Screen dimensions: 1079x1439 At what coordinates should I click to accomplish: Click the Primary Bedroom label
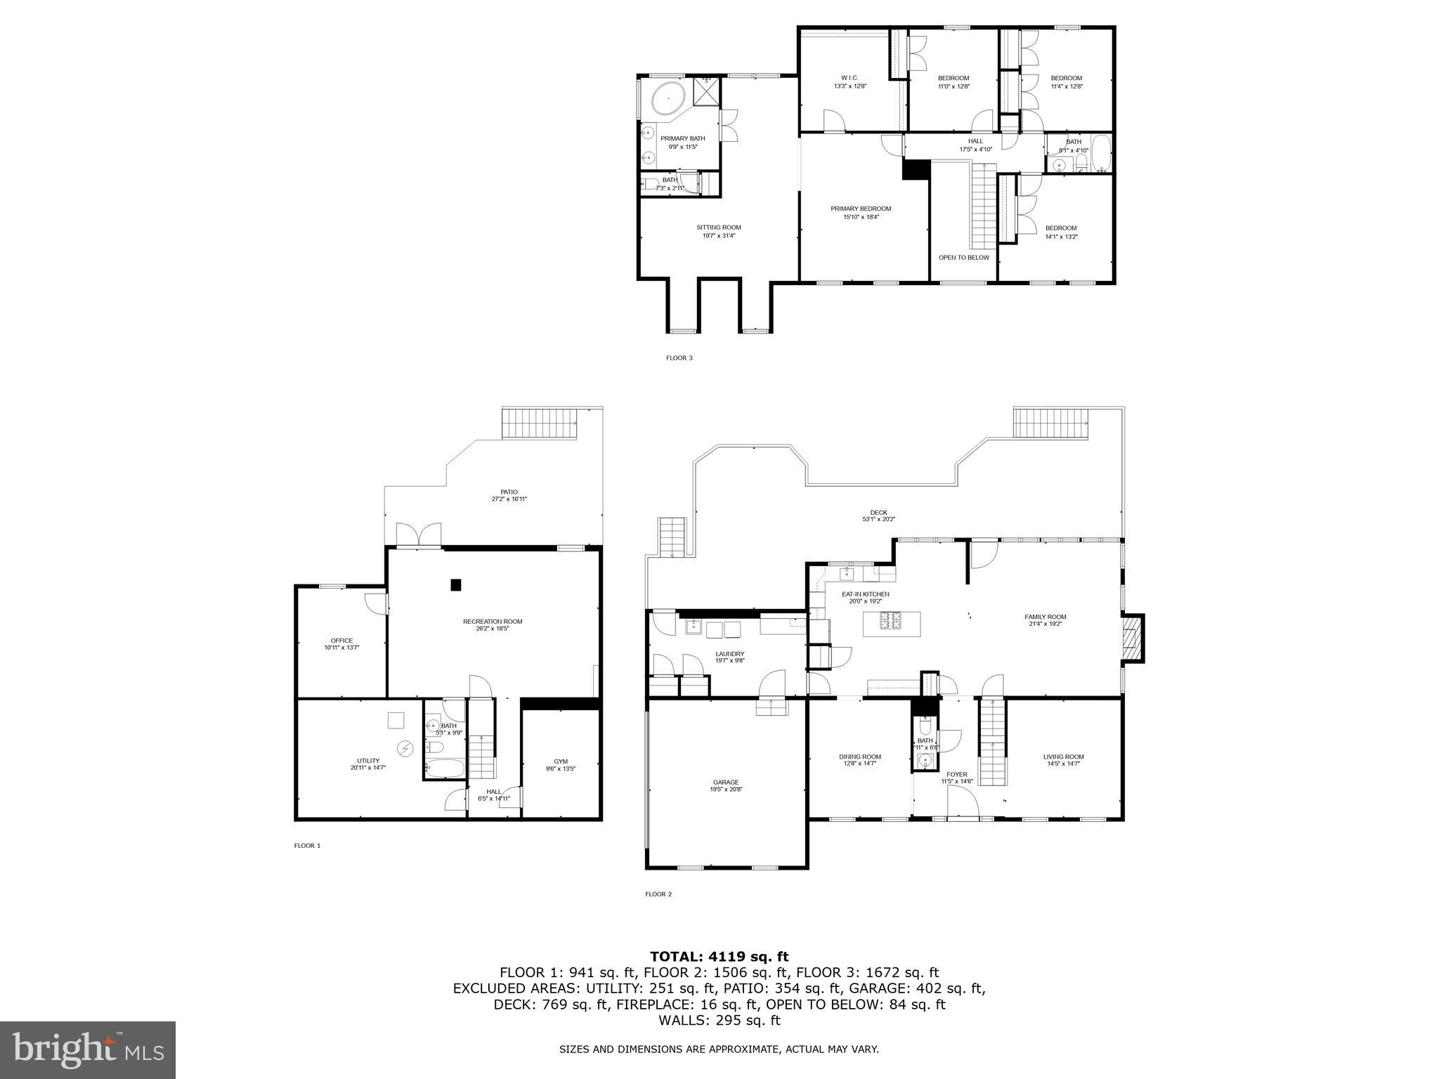click(861, 209)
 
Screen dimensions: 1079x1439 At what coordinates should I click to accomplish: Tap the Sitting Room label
click(719, 228)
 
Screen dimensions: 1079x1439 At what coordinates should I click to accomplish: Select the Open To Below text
click(963, 258)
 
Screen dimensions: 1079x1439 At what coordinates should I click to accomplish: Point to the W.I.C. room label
click(849, 78)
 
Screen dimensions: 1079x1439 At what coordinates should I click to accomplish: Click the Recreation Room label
click(493, 622)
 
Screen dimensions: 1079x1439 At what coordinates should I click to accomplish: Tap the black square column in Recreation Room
click(456, 584)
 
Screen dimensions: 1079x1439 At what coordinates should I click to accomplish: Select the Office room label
click(341, 641)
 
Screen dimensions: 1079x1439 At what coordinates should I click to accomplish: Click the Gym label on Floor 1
click(560, 761)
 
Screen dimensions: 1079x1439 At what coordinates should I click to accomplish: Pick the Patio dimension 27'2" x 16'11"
click(509, 499)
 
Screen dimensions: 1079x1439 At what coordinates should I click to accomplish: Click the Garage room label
click(726, 783)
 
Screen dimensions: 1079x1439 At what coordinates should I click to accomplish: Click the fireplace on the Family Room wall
click(1131, 638)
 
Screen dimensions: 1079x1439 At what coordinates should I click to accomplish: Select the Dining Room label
click(859, 757)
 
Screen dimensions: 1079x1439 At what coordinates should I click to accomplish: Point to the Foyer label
click(957, 775)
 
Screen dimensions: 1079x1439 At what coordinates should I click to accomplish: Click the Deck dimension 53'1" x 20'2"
click(878, 520)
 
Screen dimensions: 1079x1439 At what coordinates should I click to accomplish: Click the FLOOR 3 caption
click(679, 358)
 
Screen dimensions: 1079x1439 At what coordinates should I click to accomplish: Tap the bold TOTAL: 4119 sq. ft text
click(719, 957)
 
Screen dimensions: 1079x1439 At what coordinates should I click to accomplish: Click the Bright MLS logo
click(88, 1050)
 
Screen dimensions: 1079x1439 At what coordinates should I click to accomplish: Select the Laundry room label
click(729, 654)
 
